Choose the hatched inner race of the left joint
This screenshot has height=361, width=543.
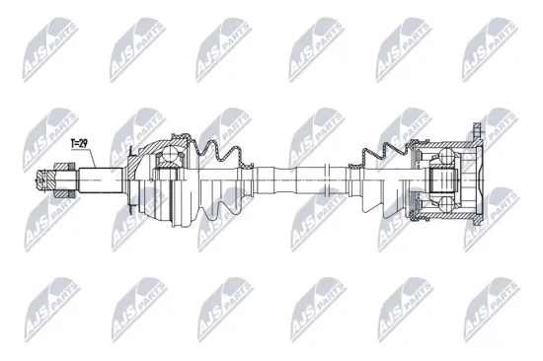(167, 176)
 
